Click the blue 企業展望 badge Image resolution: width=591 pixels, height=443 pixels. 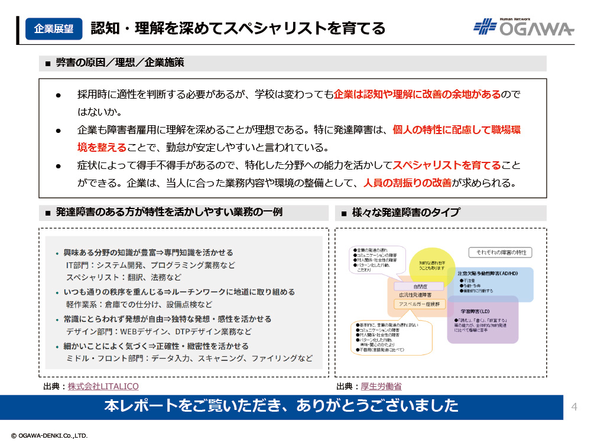54,28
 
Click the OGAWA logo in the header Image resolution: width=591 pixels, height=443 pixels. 524,27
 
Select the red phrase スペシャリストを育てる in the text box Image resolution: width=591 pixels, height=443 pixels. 447,165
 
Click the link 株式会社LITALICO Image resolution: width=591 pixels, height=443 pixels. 103,386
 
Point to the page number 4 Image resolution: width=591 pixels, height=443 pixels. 574,406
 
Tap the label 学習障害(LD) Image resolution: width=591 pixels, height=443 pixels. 475,310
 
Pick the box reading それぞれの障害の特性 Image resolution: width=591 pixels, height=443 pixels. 500,252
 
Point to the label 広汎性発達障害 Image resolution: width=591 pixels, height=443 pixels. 415,294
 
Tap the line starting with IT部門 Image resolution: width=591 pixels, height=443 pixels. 151,265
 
